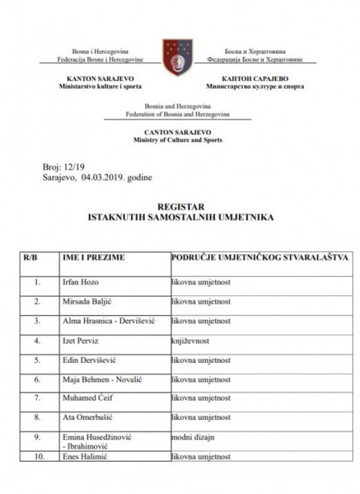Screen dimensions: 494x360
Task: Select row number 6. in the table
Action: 38,379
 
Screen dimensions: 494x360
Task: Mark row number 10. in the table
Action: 38,457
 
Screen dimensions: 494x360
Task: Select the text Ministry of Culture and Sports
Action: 178,140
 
